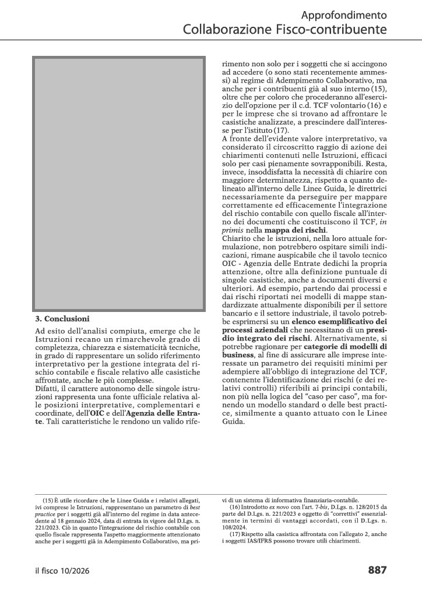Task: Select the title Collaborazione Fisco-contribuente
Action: pos(285,29)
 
